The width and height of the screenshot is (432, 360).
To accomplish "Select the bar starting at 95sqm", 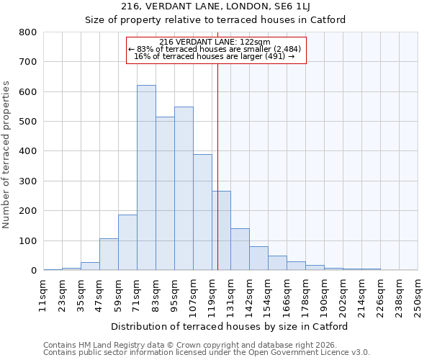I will click(x=184, y=189).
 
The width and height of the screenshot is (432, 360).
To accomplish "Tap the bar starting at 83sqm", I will click(x=165, y=194).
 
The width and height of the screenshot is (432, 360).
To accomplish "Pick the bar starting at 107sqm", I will click(x=202, y=212).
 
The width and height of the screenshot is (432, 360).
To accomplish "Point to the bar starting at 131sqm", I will click(x=240, y=249).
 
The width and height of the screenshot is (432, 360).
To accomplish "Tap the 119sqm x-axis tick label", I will click(x=212, y=293).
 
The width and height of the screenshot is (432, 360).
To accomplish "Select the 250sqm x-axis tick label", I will click(x=418, y=293).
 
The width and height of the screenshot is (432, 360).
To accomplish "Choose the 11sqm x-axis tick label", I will click(x=43, y=293).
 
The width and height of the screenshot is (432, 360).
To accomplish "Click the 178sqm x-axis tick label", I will click(x=305, y=293).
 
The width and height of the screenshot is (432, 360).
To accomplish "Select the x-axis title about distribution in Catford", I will click(x=230, y=326).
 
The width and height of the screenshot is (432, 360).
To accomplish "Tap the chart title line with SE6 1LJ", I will click(x=215, y=6).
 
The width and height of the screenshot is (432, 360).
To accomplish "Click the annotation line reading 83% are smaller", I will click(x=215, y=49).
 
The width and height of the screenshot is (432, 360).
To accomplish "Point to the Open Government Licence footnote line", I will click(x=207, y=352).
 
